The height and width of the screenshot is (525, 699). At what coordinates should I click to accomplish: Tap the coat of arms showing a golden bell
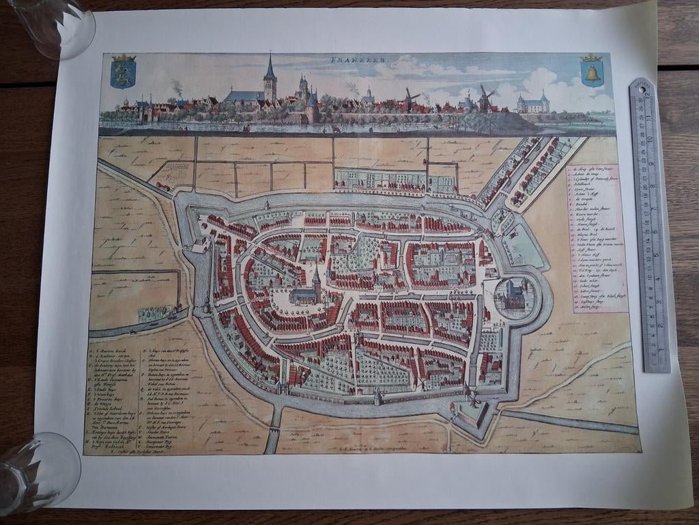[591, 71]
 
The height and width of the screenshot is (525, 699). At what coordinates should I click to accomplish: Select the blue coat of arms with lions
[123, 71]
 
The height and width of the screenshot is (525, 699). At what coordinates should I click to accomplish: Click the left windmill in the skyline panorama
[410, 98]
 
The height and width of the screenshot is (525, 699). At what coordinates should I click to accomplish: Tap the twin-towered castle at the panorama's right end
[532, 103]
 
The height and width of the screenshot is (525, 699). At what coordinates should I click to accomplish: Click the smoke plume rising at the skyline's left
[177, 87]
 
